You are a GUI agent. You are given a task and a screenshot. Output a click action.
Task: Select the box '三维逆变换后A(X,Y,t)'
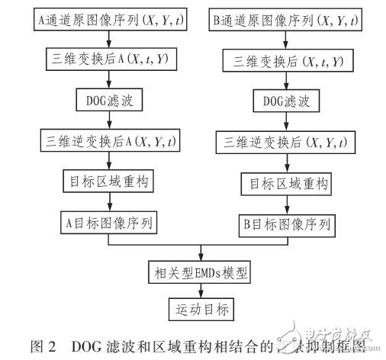(x=111, y=140)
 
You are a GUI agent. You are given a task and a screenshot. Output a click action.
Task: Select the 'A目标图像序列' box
(x=111, y=221)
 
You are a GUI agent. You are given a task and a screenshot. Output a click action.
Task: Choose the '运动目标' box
(x=199, y=310)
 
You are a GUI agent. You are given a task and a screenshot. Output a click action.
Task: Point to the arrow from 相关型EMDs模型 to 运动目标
(x=200, y=291)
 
